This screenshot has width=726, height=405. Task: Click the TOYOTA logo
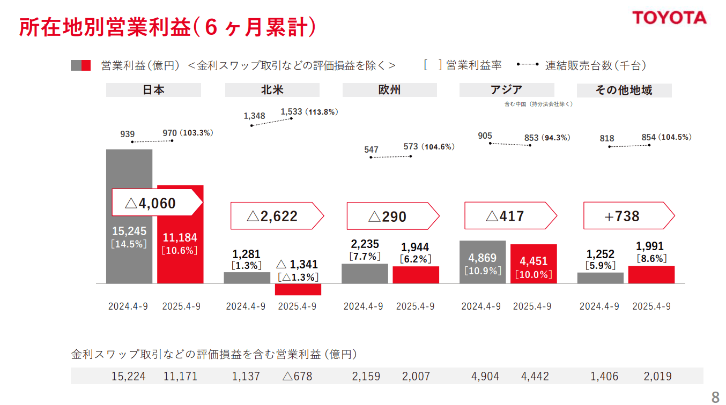pyautogui.click(x=669, y=17)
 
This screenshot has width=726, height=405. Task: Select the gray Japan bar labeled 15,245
pyautogui.click(x=129, y=257)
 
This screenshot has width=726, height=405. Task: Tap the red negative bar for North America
pyautogui.click(x=298, y=289)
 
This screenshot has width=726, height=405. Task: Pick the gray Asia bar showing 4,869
pyautogui.click(x=482, y=262)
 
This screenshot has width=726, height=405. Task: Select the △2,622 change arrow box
pyautogui.click(x=277, y=216)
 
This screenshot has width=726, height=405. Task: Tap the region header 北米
pyautogui.click(x=272, y=90)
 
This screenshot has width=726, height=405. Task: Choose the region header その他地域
pyautogui.click(x=624, y=90)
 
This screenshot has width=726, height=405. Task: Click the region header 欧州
pyautogui.click(x=389, y=90)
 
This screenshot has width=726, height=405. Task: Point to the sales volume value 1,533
pyautogui.click(x=292, y=112)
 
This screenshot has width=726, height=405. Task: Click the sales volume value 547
pyautogui.click(x=371, y=149)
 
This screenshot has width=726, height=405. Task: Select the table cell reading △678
pyautogui.click(x=297, y=376)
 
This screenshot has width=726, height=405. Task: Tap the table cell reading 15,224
pyautogui.click(x=129, y=376)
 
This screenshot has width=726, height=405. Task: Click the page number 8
pyautogui.click(x=715, y=397)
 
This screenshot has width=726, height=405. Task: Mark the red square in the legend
pyautogui.click(x=86, y=65)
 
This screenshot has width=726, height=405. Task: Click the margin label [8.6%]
pyautogui.click(x=651, y=258)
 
